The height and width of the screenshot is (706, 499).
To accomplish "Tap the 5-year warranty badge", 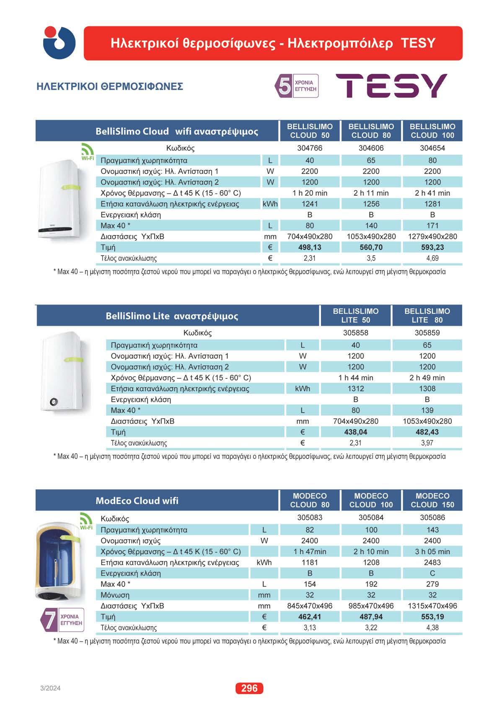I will [296, 86].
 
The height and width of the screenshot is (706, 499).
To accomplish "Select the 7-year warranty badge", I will [62, 619].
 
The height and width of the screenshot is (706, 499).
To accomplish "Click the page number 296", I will [249, 688].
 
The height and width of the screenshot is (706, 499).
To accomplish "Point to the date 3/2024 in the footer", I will [50, 688].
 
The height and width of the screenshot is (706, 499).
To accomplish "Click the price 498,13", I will [310, 247].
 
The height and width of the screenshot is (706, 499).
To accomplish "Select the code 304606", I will [371, 148].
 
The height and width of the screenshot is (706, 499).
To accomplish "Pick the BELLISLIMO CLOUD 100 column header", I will [432, 131].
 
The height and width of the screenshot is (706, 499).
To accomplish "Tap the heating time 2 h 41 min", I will [432, 193].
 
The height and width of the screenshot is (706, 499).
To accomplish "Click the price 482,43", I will [427, 432].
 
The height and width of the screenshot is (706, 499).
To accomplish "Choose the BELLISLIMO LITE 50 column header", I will [355, 315].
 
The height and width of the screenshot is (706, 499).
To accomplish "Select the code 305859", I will [427, 333].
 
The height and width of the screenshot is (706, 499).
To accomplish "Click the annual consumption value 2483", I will [432, 562].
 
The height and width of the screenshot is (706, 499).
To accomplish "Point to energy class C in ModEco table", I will [432, 573].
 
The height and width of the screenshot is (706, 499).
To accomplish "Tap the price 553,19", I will [432, 617].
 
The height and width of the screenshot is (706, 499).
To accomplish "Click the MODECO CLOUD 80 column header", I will [310, 500].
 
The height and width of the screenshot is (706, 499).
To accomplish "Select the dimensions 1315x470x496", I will [432, 606].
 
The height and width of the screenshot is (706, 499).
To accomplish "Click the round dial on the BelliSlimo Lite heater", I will [53, 401].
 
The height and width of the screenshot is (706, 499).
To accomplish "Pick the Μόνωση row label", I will [115, 595].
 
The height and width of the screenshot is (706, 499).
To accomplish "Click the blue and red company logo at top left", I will [59, 43].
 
